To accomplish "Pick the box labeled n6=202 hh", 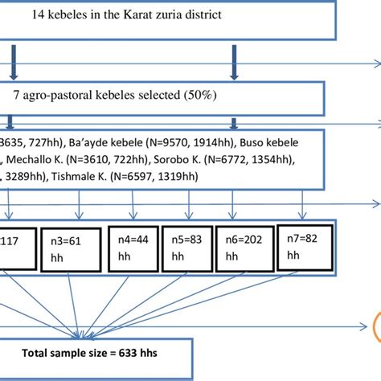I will tap(244, 248).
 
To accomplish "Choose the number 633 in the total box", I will tap(125, 351).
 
